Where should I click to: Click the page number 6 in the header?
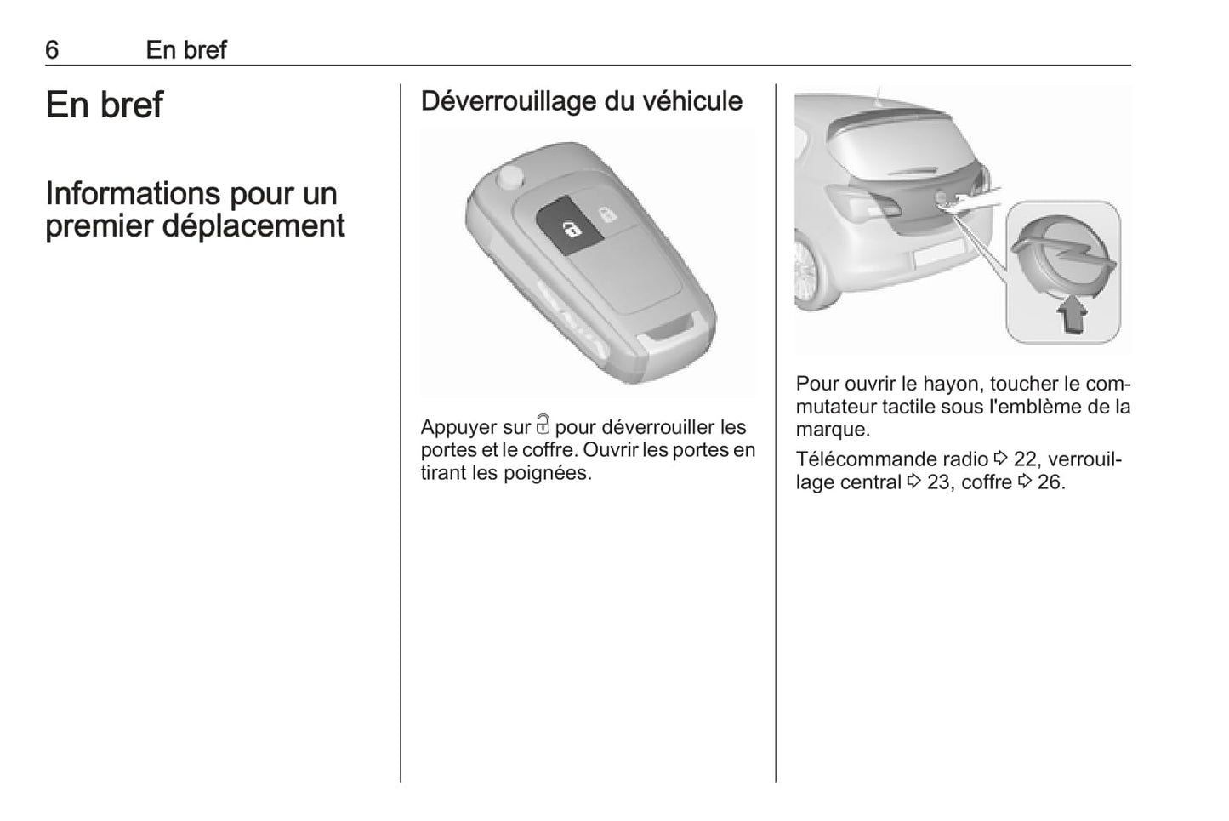click(52, 50)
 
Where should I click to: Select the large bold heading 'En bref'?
click(104, 105)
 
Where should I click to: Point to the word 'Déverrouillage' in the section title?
click(508, 101)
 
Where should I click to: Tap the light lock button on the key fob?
click(606, 215)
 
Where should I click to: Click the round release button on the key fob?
click(511, 177)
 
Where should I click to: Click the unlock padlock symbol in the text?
click(543, 425)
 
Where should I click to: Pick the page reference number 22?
click(1025, 459)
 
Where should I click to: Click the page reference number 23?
click(938, 482)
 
